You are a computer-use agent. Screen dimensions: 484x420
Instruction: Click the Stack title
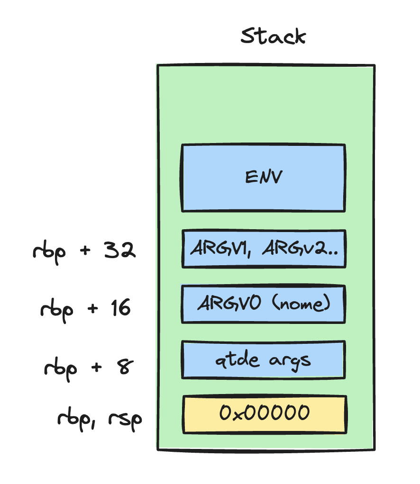[273, 37]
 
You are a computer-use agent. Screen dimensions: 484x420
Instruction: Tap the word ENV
[264, 178]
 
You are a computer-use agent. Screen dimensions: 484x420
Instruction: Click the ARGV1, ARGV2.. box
[264, 249]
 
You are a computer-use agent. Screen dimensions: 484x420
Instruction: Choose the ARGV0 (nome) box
[264, 304]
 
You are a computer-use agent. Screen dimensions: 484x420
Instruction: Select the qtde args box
[264, 360]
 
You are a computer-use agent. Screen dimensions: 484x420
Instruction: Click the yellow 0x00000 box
[264, 414]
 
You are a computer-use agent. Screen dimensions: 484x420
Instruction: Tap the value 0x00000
[264, 413]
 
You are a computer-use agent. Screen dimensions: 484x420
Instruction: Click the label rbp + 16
[85, 309]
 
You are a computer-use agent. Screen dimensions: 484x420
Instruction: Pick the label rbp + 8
[88, 366]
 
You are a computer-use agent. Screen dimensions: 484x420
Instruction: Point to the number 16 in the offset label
[119, 308]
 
